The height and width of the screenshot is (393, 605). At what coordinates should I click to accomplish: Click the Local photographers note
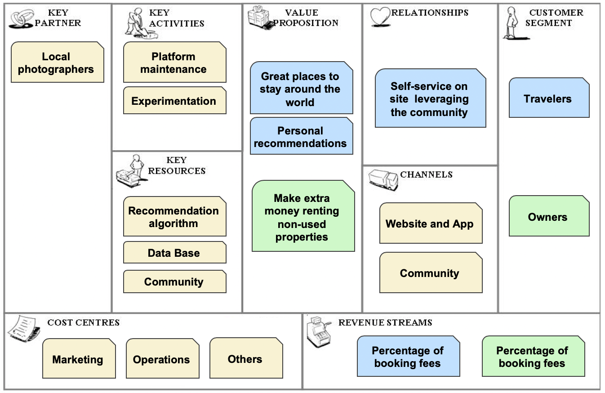pyautogui.click(x=57, y=63)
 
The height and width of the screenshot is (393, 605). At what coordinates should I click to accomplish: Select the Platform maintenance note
pyautogui.click(x=174, y=63)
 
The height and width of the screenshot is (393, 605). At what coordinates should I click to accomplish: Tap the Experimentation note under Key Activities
pyautogui.click(x=174, y=101)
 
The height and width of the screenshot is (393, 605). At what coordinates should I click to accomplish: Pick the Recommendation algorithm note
pyautogui.click(x=174, y=217)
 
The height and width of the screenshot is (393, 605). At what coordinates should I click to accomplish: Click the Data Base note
pyautogui.click(x=174, y=253)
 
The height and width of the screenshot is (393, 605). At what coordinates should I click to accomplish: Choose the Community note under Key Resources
pyautogui.click(x=174, y=282)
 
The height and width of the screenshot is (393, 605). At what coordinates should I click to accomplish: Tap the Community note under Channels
pyautogui.click(x=430, y=273)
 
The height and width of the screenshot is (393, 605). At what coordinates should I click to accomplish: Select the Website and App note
pyautogui.click(x=430, y=223)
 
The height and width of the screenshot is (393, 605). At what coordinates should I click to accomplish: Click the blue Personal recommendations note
pyautogui.click(x=301, y=137)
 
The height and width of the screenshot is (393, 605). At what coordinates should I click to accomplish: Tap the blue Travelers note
pyautogui.click(x=548, y=98)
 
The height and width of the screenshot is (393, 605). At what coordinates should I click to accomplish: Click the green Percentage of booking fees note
pyautogui.click(x=533, y=357)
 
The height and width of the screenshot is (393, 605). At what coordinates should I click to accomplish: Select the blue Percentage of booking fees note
pyautogui.click(x=408, y=357)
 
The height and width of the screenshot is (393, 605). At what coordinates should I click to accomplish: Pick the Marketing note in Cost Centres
pyautogui.click(x=79, y=359)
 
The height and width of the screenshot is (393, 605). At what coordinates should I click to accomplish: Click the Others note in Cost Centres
pyautogui.click(x=246, y=359)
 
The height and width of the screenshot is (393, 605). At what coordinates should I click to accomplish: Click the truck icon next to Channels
pyautogui.click(x=383, y=179)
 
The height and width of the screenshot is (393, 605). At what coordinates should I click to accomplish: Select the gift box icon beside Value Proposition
pyautogui.click(x=260, y=17)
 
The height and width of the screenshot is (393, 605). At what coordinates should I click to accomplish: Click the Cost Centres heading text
pyautogui.click(x=84, y=322)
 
